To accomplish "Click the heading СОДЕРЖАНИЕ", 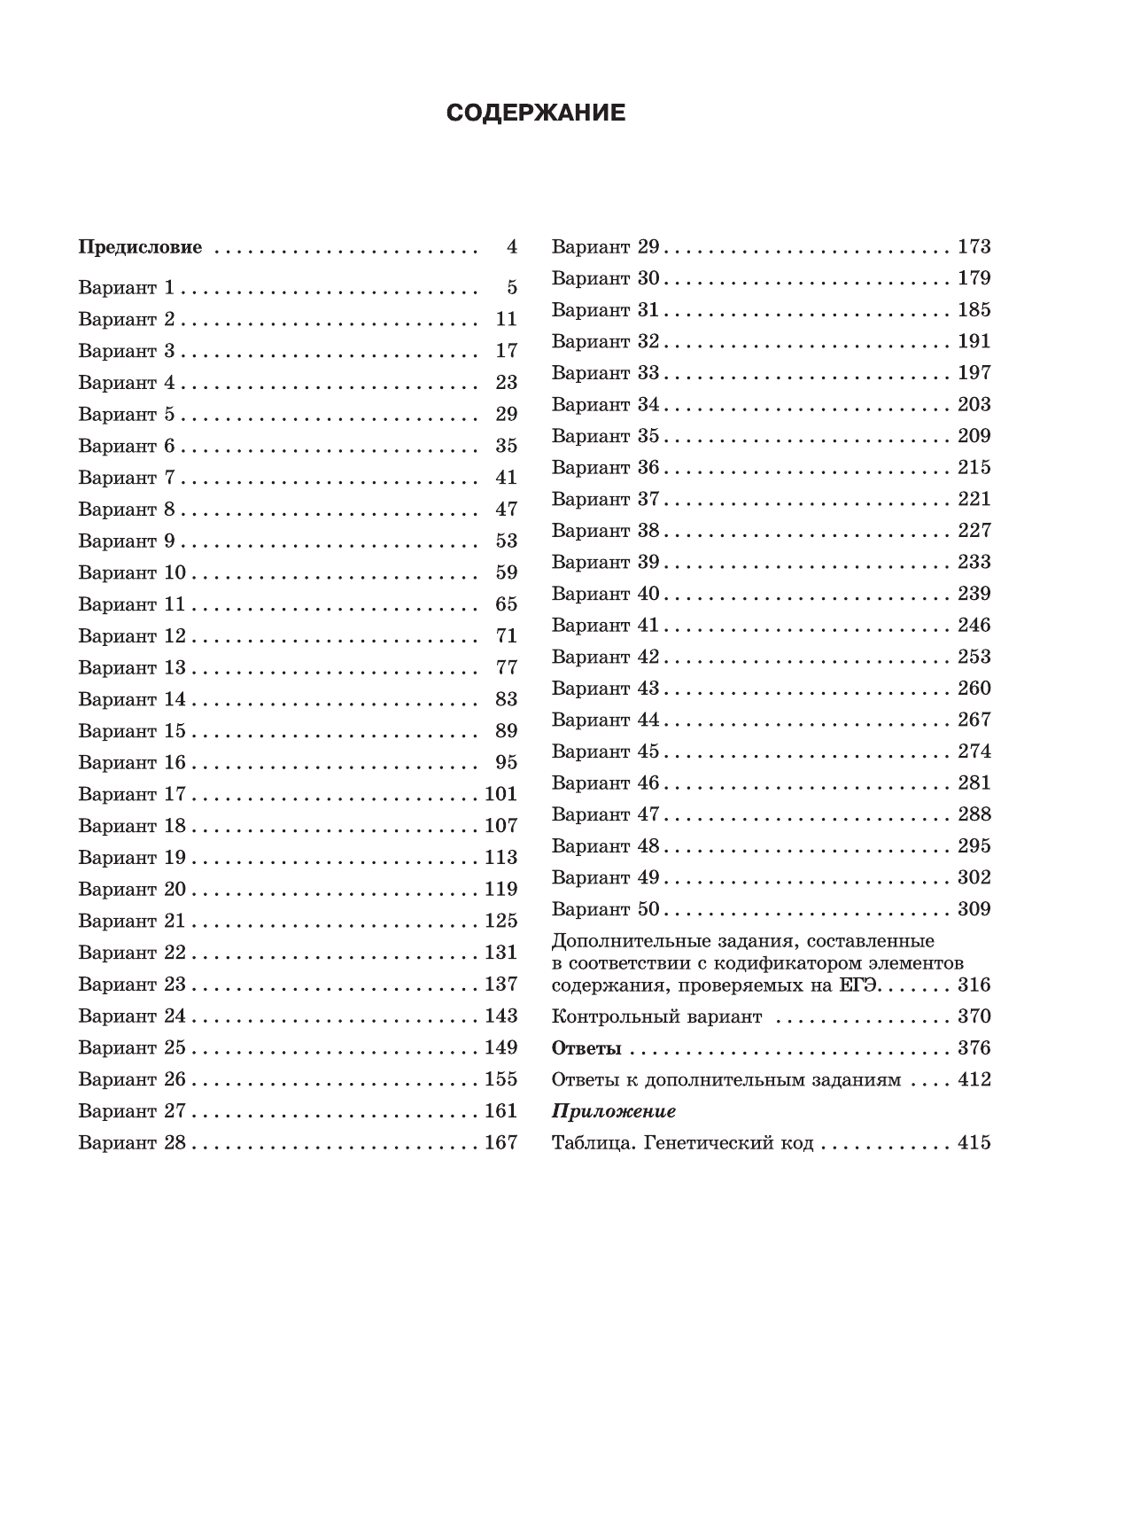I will coord(536,113).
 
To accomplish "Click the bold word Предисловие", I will coord(140,247).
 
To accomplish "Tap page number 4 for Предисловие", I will coord(511,247).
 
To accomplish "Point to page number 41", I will coord(506,478).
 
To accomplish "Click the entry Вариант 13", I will coord(132,667).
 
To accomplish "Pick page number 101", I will coord(500,794).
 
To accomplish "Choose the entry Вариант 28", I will coord(132,1142).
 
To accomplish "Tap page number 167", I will coord(500,1142).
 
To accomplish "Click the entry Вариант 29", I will coord(605,246).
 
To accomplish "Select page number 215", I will coord(974,467).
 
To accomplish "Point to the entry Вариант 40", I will coord(605,594).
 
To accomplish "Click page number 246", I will coord(974,625).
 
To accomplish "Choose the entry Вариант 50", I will coord(605,909).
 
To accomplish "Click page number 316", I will coord(974,985).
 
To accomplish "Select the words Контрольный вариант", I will coord(656,1016).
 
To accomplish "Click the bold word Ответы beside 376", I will coord(586,1048).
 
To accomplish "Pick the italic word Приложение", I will coord(614,1111).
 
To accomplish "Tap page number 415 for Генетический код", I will coord(974,1143).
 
